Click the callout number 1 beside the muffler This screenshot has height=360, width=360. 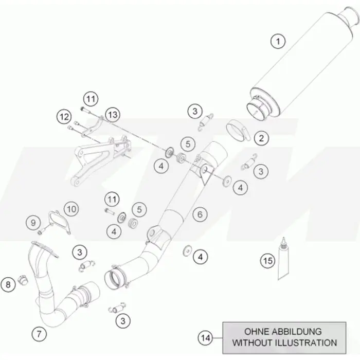point(278,42)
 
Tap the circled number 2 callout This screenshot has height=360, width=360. point(261,138)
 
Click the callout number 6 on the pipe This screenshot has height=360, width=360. point(200,214)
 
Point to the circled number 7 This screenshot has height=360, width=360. point(39,334)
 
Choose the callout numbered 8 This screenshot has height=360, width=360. point(8,285)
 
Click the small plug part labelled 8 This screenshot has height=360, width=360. point(23,279)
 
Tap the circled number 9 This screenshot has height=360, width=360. point(33,223)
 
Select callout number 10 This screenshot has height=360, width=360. point(71,209)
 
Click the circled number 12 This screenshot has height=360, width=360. point(64,117)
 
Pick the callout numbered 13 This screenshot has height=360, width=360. point(113,115)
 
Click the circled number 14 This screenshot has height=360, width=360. point(205,338)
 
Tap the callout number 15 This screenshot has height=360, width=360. point(267,261)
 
